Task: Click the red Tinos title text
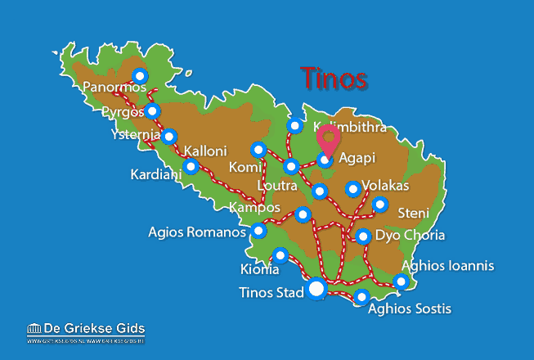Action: point(333,79)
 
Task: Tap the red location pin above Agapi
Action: point(330,139)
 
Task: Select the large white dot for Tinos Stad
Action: point(316,289)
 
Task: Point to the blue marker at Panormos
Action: point(140,76)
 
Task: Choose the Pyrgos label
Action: point(124,110)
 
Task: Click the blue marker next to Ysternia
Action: point(168,137)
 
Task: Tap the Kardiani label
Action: point(155,174)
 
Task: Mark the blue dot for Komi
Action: point(259,150)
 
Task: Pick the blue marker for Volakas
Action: point(352,189)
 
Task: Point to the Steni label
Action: point(413,214)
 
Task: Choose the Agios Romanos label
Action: point(196,232)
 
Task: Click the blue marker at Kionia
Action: point(280,255)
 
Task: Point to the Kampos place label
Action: point(254,207)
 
